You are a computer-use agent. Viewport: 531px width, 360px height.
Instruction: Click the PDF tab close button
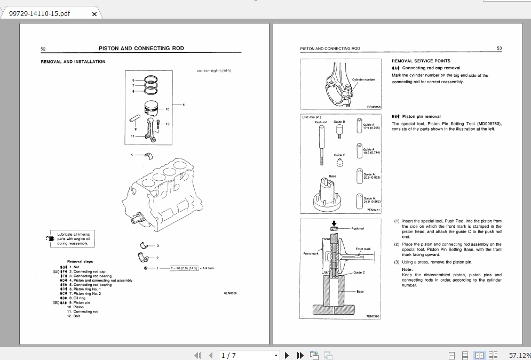pyautogui.click(x=94, y=14)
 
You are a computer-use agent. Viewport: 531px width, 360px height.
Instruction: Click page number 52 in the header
pyautogui.click(x=43, y=49)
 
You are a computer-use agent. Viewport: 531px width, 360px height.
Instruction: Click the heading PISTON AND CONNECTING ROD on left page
pyautogui.click(x=141, y=49)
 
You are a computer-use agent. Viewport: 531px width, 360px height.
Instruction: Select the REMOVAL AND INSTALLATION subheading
pyautogui.click(x=73, y=62)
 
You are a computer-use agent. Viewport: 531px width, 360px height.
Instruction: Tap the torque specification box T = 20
pyautogui.click(x=184, y=268)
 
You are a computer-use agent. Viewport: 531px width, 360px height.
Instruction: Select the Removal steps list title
pyautogui.click(x=80, y=261)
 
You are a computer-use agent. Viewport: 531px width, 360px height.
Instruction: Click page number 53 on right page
pyautogui.click(x=499, y=49)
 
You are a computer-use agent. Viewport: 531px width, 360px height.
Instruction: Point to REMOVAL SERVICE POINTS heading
pyautogui.click(x=421, y=61)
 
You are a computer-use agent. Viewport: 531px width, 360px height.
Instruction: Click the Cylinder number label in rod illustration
pyautogui.click(x=363, y=79)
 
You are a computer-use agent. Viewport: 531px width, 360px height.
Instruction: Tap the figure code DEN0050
pyautogui.click(x=374, y=107)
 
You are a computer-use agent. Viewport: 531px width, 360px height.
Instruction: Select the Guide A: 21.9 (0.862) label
pyautogui.click(x=371, y=200)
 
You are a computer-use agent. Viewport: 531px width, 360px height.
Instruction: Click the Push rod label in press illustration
pyautogui.click(x=358, y=228)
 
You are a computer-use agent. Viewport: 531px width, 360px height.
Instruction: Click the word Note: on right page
pyautogui.click(x=407, y=269)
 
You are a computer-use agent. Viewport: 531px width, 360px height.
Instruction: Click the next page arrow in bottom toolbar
pyautogui.click(x=287, y=355)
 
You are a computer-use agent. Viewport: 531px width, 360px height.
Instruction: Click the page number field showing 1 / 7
pyautogui.click(x=248, y=355)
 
